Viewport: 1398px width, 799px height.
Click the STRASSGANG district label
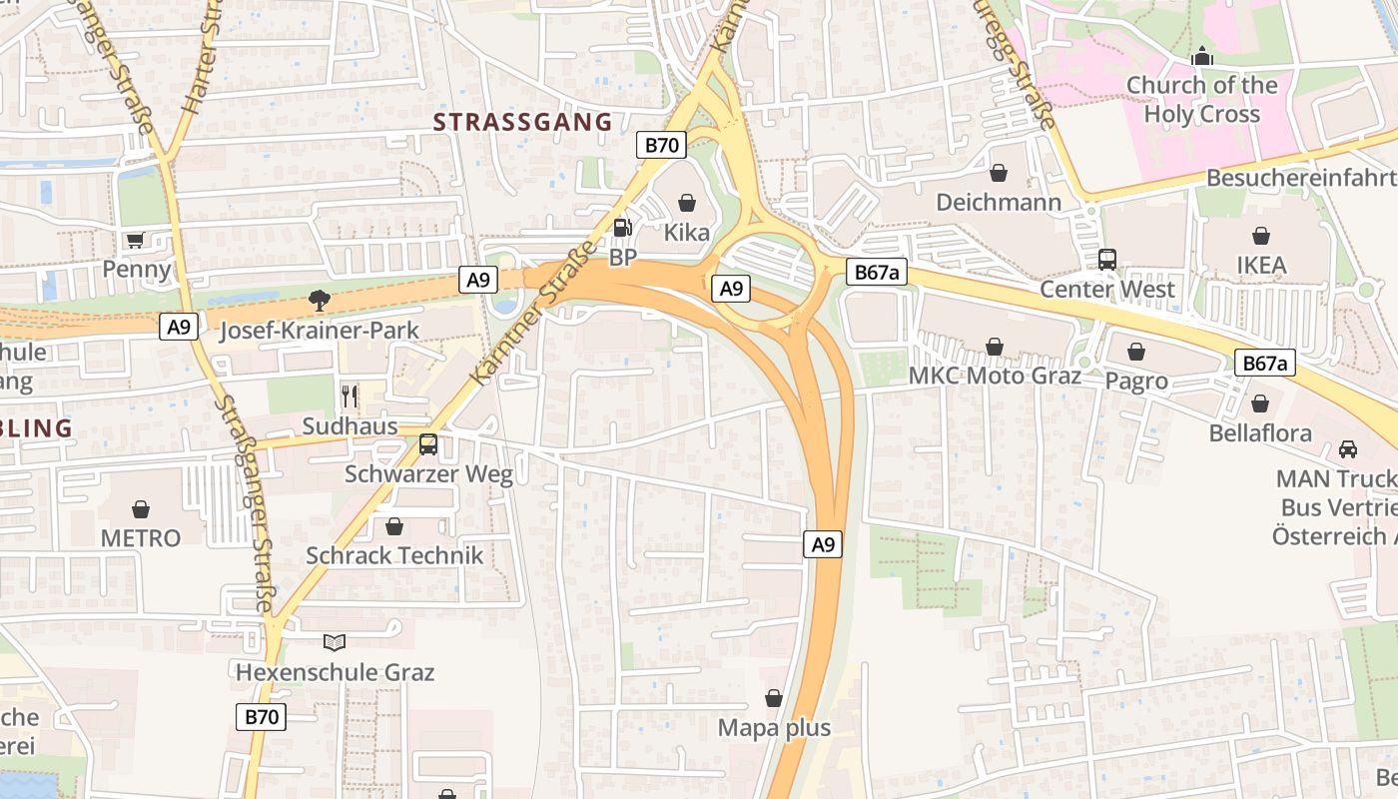click(522, 123)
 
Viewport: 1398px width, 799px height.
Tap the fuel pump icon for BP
click(622, 227)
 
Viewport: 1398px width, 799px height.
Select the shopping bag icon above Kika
click(686, 203)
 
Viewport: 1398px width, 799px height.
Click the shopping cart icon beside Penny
click(135, 240)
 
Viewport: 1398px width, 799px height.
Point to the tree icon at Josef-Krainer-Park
click(319, 298)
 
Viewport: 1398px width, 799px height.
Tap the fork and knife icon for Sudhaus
click(349, 396)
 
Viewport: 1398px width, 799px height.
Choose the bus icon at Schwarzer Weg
click(428, 444)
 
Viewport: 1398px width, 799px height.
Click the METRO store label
click(141, 538)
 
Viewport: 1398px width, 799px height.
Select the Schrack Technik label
click(394, 555)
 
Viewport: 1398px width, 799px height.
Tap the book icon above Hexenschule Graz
click(335, 642)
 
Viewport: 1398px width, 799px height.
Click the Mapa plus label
click(774, 728)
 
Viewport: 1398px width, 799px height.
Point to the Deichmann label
click(999, 203)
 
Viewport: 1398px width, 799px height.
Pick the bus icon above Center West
click(1107, 260)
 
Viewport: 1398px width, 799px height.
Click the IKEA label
click(1261, 266)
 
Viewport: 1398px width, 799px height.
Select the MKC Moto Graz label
click(995, 377)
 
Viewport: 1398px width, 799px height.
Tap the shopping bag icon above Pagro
click(1136, 352)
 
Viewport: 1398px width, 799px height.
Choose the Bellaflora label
click(1260, 433)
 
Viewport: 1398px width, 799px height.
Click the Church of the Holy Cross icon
click(1202, 56)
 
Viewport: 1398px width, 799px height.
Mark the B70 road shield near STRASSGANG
click(661, 145)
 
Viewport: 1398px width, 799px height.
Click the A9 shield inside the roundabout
click(731, 289)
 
